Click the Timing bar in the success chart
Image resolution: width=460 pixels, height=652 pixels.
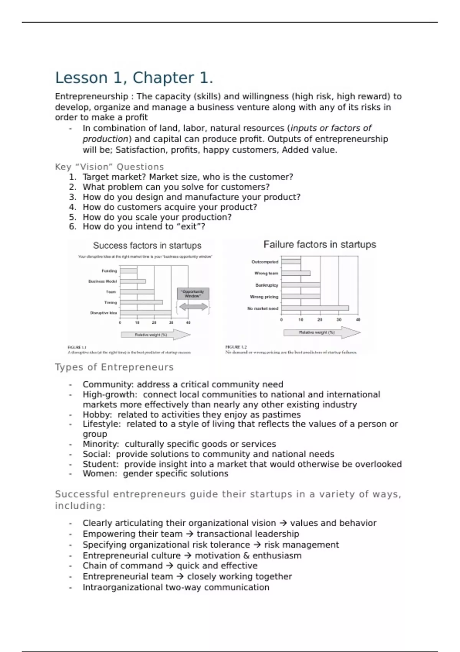coord(141,302)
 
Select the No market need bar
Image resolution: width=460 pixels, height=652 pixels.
coord(315,308)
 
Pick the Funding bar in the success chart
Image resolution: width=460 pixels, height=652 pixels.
coord(128,271)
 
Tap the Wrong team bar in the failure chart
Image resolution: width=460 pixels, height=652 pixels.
coord(296,273)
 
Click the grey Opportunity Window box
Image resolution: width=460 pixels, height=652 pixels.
coord(193,294)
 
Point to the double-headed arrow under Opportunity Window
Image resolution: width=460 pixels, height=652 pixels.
coord(193,306)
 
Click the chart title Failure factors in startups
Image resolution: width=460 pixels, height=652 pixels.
coord(320,245)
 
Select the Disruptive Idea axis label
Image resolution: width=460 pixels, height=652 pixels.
coord(103,313)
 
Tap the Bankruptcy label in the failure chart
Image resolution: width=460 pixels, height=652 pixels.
coord(267,285)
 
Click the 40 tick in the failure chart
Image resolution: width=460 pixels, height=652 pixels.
coord(358,319)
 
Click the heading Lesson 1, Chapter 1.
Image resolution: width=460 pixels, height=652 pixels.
coord(134,78)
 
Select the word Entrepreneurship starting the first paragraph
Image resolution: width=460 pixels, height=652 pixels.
coord(91,97)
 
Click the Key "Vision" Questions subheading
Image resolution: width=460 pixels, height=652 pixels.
coord(109,167)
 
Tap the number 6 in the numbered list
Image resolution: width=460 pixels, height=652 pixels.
coord(72,227)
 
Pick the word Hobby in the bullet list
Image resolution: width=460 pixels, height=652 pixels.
coord(97,415)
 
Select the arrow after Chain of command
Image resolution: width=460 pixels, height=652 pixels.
coord(169,566)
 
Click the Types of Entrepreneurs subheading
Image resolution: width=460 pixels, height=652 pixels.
coord(114,367)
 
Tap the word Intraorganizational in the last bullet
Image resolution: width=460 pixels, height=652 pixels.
coord(122,588)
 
